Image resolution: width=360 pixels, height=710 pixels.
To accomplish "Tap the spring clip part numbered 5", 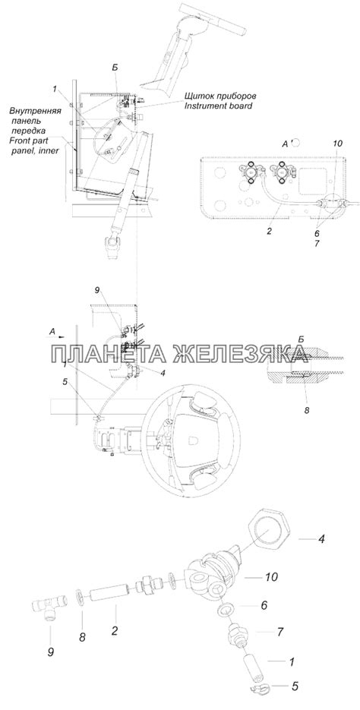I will coord(257,686).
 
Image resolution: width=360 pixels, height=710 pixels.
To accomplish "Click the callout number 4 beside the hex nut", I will coord(321,540).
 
